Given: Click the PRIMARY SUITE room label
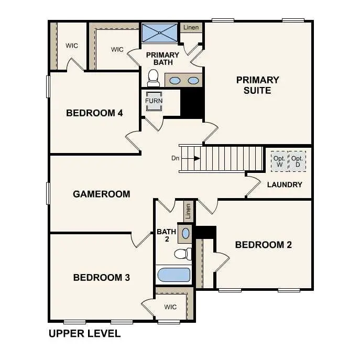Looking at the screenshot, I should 257,85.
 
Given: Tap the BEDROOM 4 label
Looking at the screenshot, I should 94,113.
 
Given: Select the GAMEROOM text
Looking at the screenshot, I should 101,194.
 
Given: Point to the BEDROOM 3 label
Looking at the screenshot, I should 101,277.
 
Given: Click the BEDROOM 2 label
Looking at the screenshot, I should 263,245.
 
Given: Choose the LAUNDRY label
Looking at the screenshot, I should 284,184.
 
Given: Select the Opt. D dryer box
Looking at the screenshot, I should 297,161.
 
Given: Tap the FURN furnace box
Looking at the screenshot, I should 154,101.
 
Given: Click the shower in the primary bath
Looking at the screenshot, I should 159,33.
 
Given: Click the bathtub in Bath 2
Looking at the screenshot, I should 173,275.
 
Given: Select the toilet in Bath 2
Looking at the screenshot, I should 181,254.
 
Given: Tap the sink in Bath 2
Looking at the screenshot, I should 186,232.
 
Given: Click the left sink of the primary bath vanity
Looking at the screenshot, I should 176,81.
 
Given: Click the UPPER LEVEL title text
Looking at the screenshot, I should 84,333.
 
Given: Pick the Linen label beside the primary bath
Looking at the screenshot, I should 191,27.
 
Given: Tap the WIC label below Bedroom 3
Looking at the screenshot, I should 170,307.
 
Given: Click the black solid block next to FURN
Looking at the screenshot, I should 191,103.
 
